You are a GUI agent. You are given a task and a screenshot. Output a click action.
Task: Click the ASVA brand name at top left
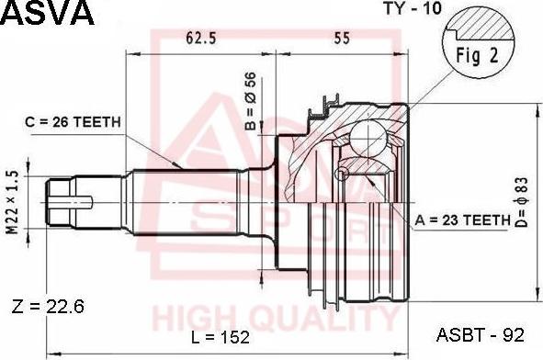tap(48, 13)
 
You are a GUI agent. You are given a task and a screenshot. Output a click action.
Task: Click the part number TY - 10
tap(413, 8)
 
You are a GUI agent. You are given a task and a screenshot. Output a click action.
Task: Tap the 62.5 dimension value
tap(200, 38)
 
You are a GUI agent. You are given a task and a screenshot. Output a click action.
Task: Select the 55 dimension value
tap(342, 38)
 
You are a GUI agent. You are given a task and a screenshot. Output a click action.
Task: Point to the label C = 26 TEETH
tap(73, 122)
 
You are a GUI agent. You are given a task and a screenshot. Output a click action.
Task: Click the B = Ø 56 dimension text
tap(250, 101)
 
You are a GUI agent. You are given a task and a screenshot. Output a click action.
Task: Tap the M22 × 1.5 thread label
tap(13, 203)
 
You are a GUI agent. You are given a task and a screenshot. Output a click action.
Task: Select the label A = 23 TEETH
tap(463, 219)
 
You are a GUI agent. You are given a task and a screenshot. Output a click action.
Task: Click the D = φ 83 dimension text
tap(521, 202)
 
